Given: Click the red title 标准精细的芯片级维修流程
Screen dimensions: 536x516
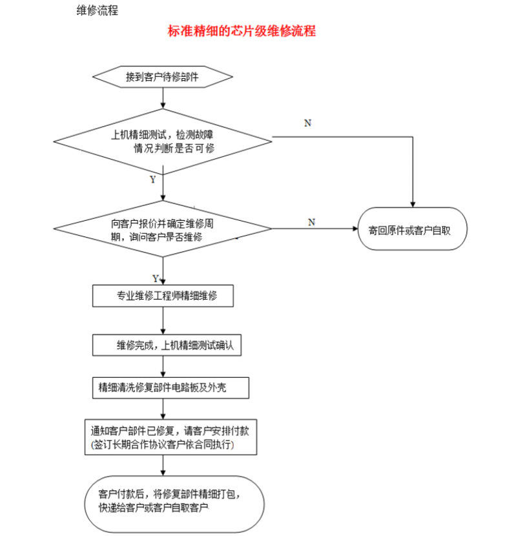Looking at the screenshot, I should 242,30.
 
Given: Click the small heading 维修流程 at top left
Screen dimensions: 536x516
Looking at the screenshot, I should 97,10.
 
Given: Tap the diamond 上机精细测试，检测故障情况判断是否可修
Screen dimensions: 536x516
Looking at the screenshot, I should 163,141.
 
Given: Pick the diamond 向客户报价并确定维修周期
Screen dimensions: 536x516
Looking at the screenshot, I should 163,229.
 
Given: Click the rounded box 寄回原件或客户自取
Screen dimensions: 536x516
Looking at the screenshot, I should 413,229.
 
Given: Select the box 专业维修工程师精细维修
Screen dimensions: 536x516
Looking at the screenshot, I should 163,296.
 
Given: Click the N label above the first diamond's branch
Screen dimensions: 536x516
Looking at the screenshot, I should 308,123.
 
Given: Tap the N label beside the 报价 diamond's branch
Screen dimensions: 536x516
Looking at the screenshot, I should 311,222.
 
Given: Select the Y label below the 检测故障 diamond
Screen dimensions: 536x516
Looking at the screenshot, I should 152,180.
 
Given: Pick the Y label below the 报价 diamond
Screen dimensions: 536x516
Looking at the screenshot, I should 156,278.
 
